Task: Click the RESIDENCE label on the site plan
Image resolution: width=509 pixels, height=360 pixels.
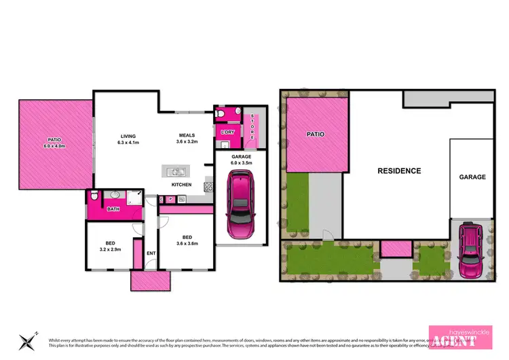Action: [399, 171]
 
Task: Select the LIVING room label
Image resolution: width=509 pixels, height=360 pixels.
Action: [124, 135]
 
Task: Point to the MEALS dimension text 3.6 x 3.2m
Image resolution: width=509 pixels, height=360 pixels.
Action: [187, 143]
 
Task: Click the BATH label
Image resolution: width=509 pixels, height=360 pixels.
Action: [114, 209]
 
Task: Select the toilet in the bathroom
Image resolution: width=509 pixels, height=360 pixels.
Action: [95, 198]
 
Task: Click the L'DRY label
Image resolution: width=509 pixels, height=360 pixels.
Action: [227, 131]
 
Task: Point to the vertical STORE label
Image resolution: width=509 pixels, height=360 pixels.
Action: [249, 128]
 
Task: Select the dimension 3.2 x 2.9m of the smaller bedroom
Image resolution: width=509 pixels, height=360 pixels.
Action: [110, 249]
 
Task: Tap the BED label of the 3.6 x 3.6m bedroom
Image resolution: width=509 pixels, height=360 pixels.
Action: [187, 237]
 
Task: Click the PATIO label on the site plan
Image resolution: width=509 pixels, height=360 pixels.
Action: [315, 134]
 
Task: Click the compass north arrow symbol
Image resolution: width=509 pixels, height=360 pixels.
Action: [27, 339]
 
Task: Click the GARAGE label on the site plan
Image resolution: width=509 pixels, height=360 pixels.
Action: [472, 177]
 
